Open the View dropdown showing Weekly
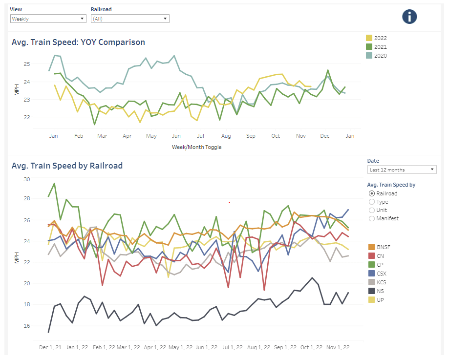(48, 19)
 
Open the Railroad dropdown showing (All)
(129, 19)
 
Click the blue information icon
(409, 17)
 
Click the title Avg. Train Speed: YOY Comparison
(78, 42)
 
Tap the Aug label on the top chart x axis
(226, 136)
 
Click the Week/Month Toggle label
(196, 147)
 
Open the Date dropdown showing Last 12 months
(402, 169)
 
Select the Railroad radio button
(372, 193)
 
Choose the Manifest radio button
(372, 218)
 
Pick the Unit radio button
(372, 210)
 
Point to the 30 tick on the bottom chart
(27, 179)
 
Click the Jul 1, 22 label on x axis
(232, 347)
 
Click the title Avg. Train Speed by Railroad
(67, 166)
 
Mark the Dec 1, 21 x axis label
(51, 347)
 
